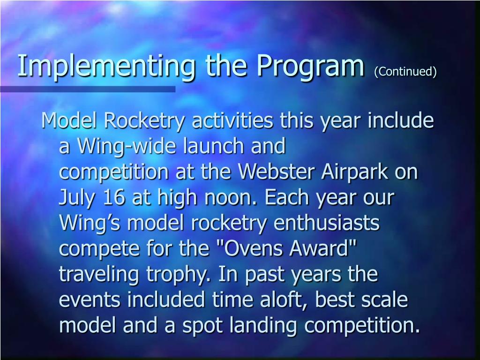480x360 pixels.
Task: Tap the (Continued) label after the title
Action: [x=405, y=71]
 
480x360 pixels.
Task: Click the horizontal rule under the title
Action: [x=88, y=89]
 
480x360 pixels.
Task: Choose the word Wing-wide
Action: [x=126, y=147]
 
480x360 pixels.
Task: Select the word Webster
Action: [x=277, y=172]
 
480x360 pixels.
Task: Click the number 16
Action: [x=113, y=198]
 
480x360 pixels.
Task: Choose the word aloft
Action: [x=276, y=300]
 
